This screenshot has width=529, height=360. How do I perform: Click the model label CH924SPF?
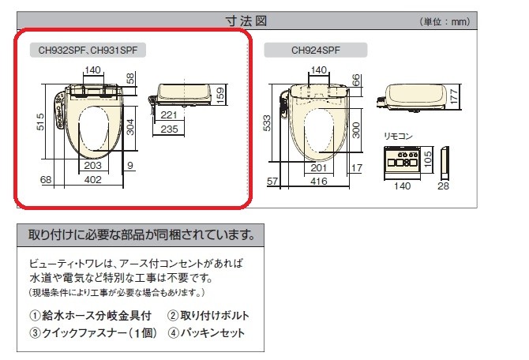point(316,50)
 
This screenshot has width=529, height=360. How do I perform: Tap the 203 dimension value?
point(91,165)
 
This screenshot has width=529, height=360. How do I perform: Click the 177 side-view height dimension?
point(454,96)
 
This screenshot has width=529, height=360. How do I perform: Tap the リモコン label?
point(398,136)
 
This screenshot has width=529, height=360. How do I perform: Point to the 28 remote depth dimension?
point(442,186)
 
